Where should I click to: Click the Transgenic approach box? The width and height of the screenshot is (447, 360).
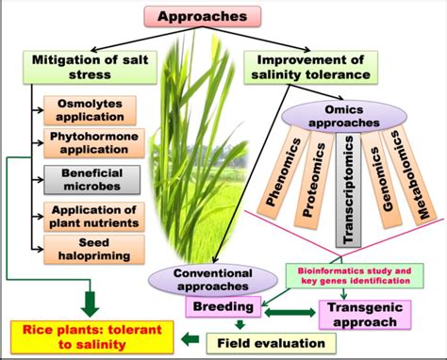(x=362, y=314)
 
